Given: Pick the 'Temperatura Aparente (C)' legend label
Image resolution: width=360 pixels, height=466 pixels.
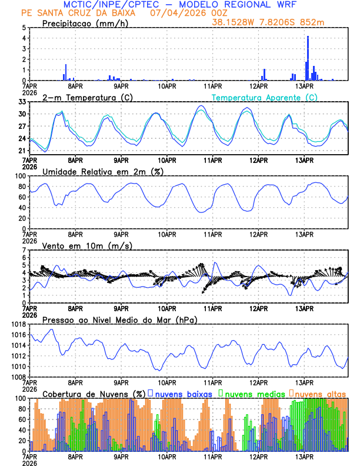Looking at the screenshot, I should tap(265, 98).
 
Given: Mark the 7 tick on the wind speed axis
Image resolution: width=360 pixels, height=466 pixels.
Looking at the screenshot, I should tap(24, 250).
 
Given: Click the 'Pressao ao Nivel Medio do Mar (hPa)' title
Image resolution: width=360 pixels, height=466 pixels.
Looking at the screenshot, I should tap(119, 319).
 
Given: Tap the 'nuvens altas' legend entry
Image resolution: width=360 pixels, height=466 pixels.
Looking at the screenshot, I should tap(319, 393).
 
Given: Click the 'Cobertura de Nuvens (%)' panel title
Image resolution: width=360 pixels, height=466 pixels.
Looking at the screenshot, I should tap(94, 393).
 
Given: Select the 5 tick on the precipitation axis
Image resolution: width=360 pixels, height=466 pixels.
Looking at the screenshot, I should tap(24, 28).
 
